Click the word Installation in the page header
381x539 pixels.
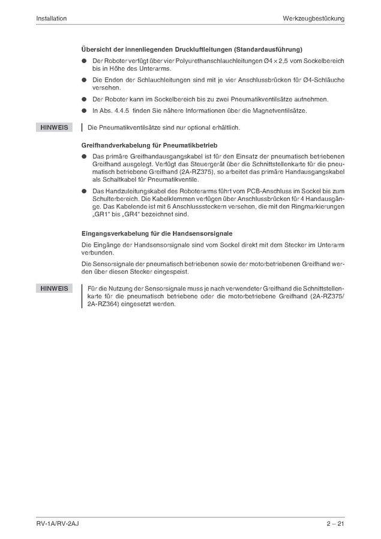[51, 19]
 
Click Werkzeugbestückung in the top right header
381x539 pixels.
[314, 19]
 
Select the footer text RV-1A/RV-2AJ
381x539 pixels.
[58, 524]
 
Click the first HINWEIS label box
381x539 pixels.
[54, 127]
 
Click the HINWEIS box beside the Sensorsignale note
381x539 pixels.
[54, 289]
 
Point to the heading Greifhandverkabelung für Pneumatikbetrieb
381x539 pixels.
[149, 145]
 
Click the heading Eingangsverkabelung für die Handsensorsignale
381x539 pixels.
[157, 233]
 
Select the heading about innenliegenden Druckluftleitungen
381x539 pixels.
[191, 49]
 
